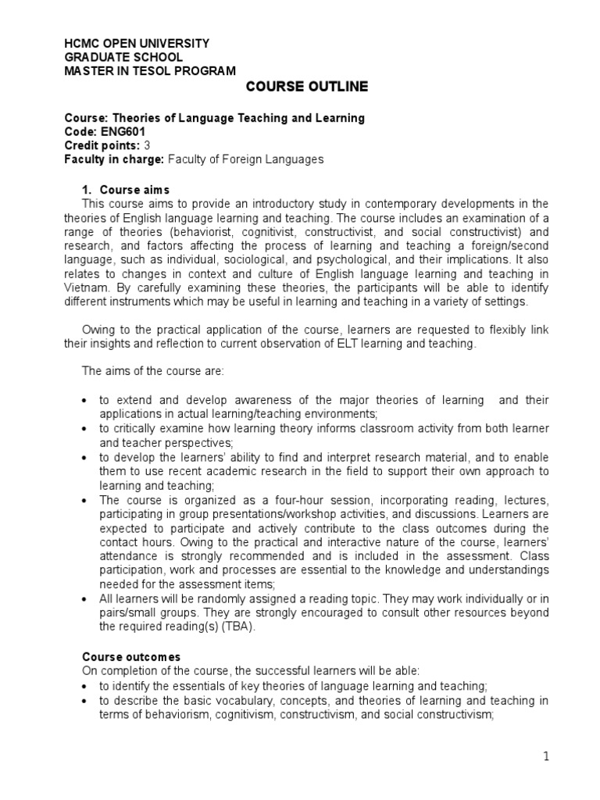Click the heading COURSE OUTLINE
coord(307,86)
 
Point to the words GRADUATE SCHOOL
coord(123,57)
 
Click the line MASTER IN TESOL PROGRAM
coord(149,71)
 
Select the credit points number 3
coord(148,145)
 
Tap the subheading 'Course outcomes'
coord(125,657)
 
